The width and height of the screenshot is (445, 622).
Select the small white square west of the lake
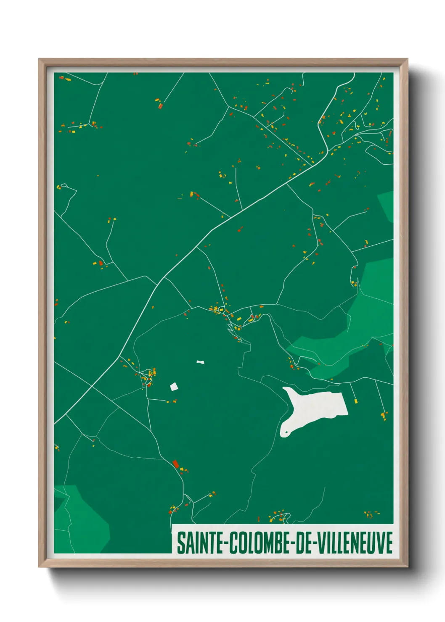(174, 387)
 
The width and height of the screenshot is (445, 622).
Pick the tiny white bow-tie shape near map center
(200, 362)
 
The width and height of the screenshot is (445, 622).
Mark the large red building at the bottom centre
(176, 464)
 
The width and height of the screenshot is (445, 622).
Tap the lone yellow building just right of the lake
(356, 401)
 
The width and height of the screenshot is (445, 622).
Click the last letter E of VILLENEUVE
(389, 543)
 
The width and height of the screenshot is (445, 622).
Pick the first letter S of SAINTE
(181, 543)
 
